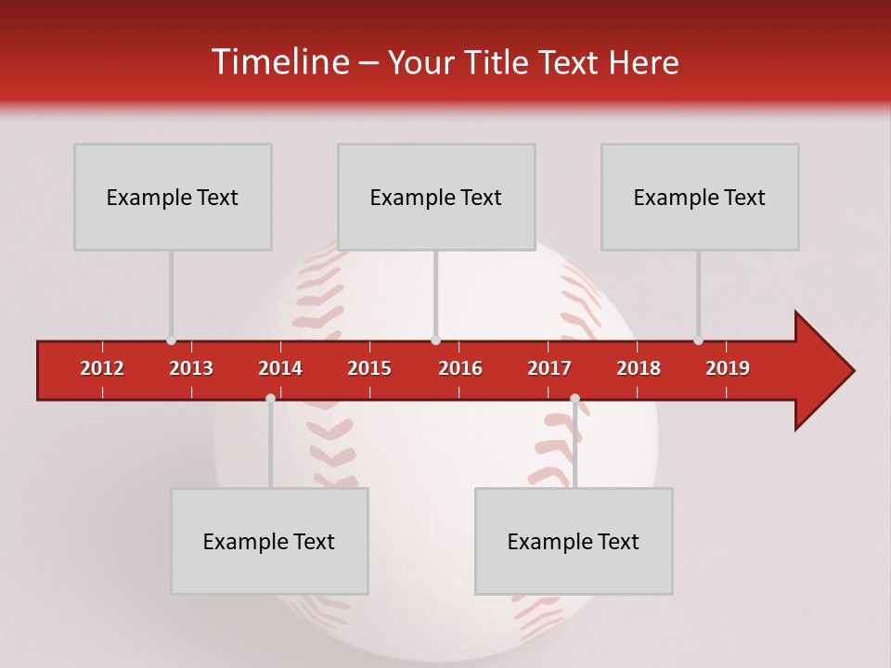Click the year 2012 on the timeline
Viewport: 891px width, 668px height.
102,368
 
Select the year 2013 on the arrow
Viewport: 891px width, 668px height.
191,368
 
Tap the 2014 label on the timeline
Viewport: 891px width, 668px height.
280,368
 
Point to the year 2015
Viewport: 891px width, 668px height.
369,368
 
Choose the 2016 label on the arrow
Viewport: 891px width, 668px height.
460,368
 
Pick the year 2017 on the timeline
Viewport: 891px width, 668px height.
549,368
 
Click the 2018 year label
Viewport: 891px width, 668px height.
639,368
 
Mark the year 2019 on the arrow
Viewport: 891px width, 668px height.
728,368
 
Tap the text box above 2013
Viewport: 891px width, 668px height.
173,198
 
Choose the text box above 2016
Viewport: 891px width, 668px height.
436,198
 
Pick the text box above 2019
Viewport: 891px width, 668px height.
700,198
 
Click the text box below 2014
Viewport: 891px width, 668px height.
269,541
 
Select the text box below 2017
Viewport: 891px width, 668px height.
574,541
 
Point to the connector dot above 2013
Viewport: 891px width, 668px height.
172,340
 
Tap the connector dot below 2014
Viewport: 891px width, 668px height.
270,398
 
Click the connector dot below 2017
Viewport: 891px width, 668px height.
575,398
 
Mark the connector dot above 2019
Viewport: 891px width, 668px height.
699,340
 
